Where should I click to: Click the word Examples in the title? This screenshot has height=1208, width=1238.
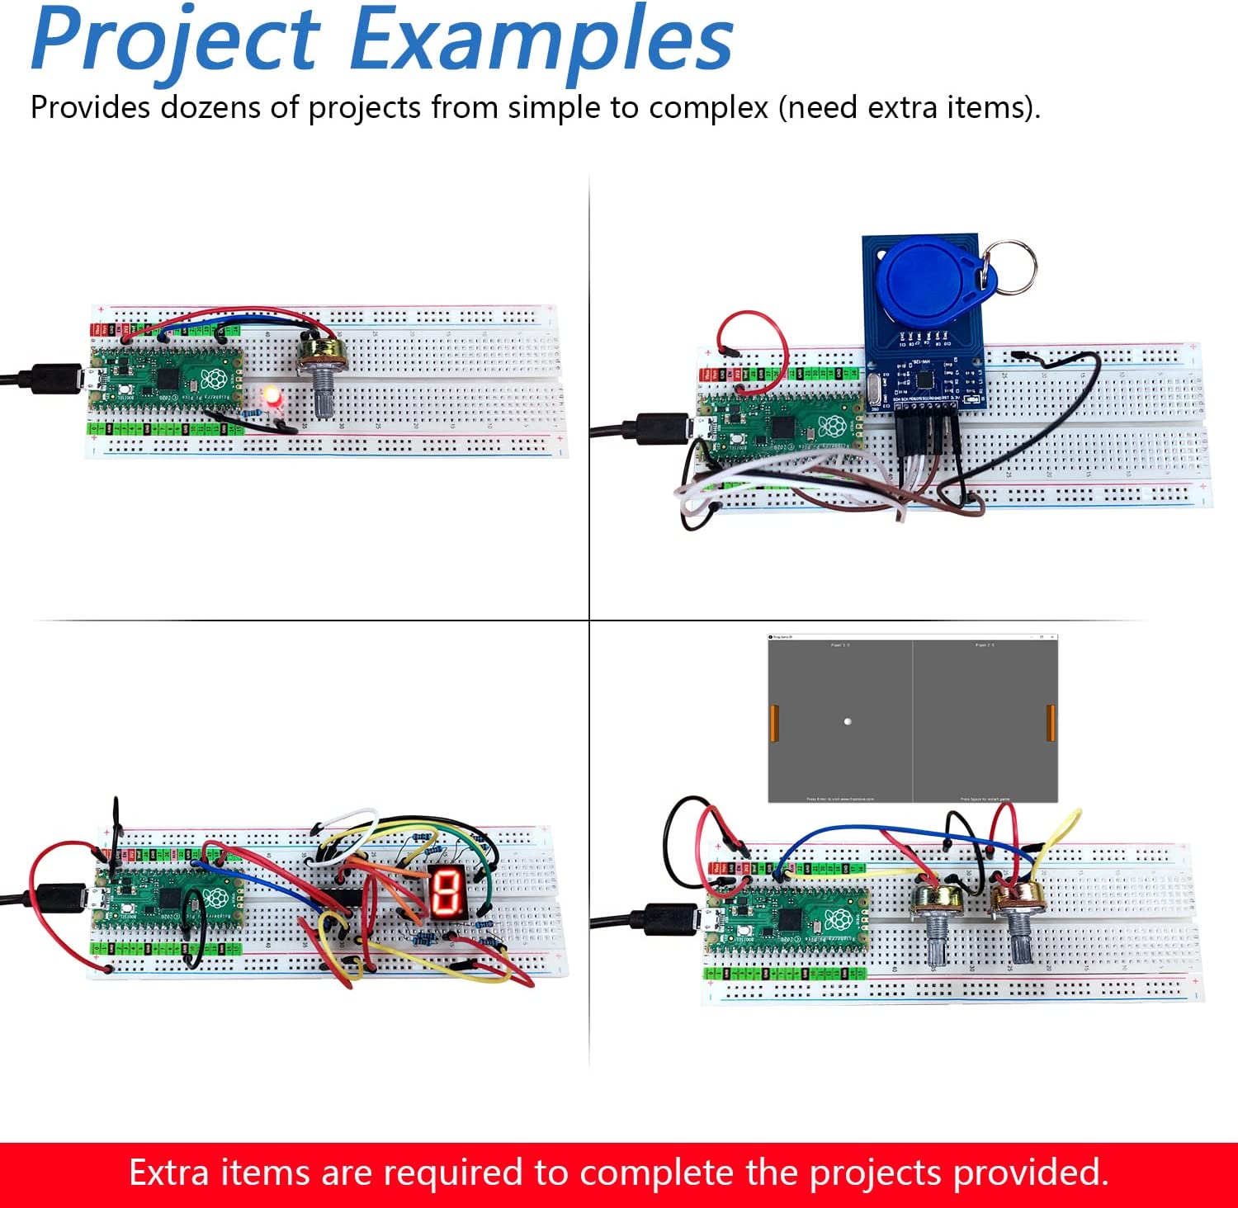tap(541, 40)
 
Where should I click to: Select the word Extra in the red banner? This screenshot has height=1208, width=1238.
tap(168, 1173)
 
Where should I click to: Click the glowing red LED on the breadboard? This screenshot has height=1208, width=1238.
tap(272, 396)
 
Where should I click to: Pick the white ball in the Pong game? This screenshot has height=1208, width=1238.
tap(848, 721)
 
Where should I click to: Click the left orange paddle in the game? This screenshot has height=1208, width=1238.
tap(774, 723)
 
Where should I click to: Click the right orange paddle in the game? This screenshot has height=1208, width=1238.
tap(1051, 723)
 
